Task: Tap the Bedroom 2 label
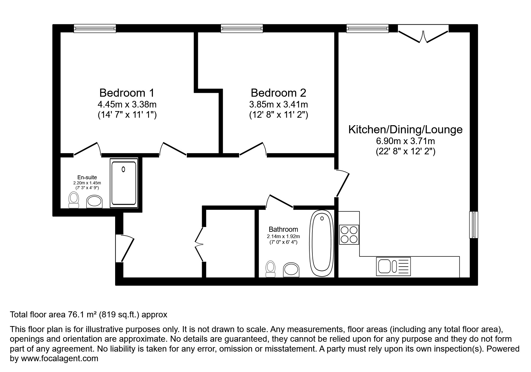(x=278, y=93)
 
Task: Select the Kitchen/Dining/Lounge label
(x=405, y=129)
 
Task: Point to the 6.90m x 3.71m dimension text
(x=405, y=141)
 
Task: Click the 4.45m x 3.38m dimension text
(x=127, y=104)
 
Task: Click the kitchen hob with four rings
(x=349, y=234)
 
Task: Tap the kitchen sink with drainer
(x=393, y=266)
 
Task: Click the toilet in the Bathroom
(x=270, y=268)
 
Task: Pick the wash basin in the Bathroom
(x=291, y=270)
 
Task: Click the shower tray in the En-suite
(x=124, y=183)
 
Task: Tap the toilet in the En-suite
(x=74, y=200)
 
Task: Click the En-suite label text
(x=87, y=177)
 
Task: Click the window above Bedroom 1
(x=95, y=29)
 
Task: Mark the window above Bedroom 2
(x=242, y=29)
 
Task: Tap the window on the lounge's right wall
(x=473, y=225)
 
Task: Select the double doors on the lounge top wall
(x=423, y=34)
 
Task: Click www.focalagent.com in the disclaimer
(x=59, y=358)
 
